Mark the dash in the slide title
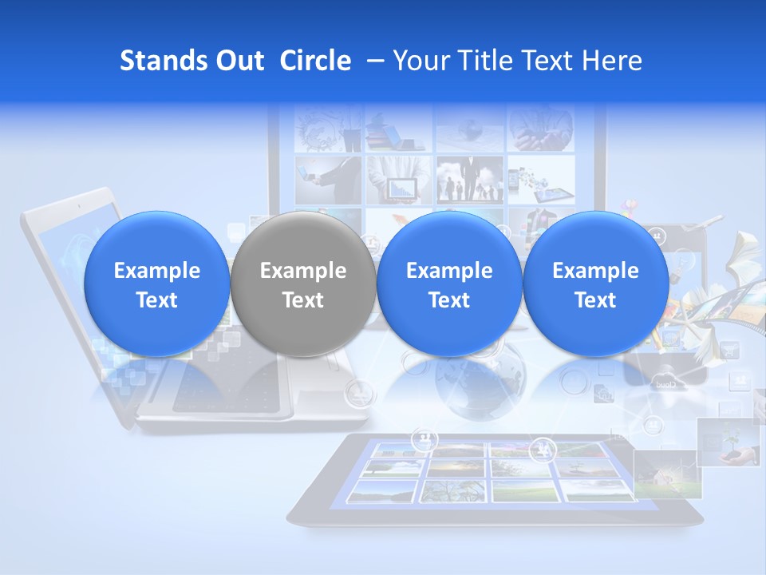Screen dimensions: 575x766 [372, 61]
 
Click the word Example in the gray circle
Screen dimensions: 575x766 [303, 271]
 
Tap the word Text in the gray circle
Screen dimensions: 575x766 [303, 300]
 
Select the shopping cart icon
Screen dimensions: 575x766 [729, 350]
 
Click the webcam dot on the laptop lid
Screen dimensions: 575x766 [78, 206]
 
